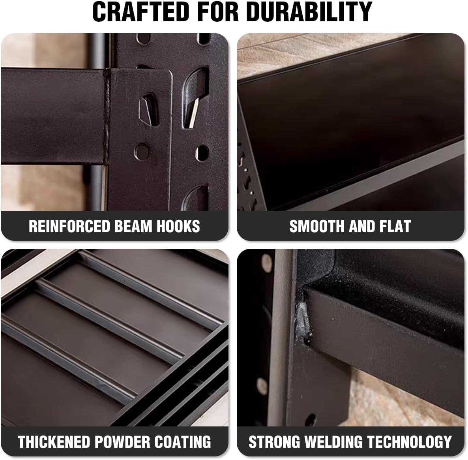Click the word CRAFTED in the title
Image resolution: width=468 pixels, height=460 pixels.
(140, 12)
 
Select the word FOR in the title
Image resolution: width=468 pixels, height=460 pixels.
(218, 12)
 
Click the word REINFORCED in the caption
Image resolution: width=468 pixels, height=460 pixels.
(69, 226)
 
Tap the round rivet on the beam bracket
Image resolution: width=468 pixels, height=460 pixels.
(142, 151)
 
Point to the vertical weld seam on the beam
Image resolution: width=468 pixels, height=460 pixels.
(106, 116)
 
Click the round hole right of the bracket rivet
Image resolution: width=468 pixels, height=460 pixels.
(202, 153)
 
